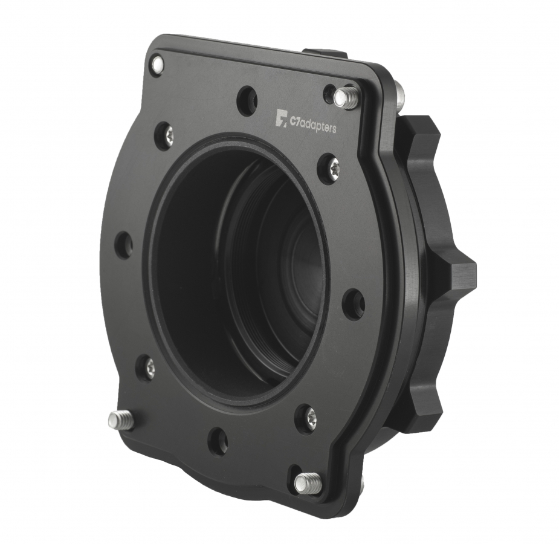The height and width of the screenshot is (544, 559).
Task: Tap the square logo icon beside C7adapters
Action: coord(281,118)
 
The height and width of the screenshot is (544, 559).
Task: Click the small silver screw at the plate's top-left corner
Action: coord(157,64)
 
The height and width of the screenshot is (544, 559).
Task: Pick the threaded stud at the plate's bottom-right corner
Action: coord(308,483)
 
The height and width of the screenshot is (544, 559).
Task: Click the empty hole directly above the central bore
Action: coord(247,100)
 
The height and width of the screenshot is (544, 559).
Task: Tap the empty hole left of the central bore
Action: coord(123,244)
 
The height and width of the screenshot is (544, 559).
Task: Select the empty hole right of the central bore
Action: coord(354,303)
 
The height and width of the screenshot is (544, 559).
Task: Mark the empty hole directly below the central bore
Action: coord(218,441)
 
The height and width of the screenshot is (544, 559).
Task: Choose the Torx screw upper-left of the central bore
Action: coord(164,136)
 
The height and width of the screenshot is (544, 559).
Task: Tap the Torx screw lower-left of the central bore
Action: coord(146,368)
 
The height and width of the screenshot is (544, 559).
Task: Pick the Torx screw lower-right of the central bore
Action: coord(306,418)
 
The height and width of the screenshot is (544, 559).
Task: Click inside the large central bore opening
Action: coord(242,266)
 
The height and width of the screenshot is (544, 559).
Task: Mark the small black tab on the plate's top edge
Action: coord(324,54)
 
